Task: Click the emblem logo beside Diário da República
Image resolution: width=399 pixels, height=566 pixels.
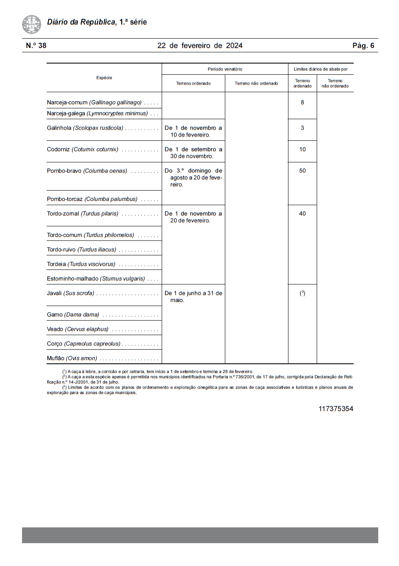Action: coord(32,24)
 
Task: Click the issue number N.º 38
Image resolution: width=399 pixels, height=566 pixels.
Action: coord(36,46)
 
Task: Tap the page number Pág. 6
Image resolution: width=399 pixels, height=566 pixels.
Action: coord(363,46)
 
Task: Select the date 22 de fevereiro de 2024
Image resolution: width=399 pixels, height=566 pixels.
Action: coord(199,46)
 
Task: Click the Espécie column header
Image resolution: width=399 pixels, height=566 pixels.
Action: coord(104,78)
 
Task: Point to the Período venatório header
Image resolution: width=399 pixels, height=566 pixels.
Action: coord(225,69)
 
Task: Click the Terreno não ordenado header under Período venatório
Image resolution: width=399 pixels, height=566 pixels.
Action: coord(256,83)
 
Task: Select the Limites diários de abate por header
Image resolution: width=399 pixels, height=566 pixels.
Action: coord(320,69)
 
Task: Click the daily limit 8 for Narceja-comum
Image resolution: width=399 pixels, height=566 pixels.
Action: coord(302,103)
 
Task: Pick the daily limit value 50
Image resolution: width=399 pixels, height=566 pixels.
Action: coord(302,171)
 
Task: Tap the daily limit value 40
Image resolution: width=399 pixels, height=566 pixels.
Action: coord(302,213)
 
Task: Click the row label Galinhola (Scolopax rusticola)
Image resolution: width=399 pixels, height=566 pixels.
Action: coord(85,128)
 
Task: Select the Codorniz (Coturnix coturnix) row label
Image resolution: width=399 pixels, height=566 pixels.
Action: coord(83,149)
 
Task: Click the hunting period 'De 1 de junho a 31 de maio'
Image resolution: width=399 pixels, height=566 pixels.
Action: coord(193,296)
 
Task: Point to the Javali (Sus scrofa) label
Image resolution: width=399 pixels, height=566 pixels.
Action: coord(71,293)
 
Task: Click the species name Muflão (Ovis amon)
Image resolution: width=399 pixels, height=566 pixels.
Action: coord(72,358)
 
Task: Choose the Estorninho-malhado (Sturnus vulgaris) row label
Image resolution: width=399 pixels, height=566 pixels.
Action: coord(96,279)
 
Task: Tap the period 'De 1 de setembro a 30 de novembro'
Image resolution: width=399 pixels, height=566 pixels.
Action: coord(193,153)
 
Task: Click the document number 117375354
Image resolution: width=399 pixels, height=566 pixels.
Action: coord(335,409)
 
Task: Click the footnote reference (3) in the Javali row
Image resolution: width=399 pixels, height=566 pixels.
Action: coord(302,293)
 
